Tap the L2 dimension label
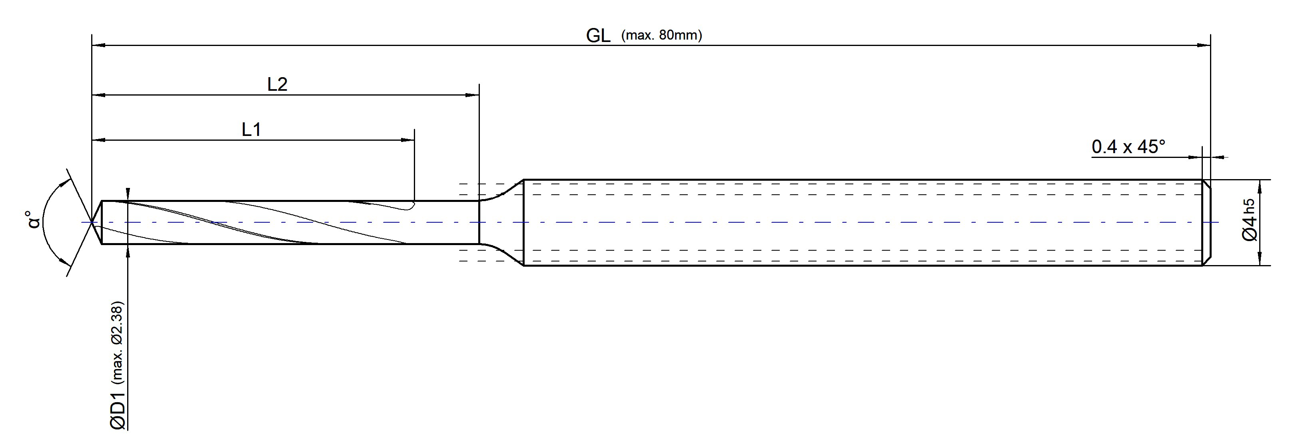tap(277, 84)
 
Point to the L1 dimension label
tap(251, 130)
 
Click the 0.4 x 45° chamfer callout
tap(1128, 147)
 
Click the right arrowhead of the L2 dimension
tap(472, 94)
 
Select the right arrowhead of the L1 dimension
tap(408, 140)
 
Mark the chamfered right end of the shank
tap(1207, 222)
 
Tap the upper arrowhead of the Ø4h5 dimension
tap(1260, 186)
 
